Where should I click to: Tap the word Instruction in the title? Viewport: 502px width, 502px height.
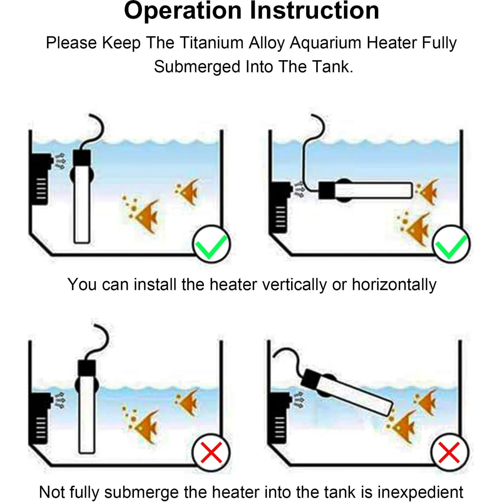point(315,11)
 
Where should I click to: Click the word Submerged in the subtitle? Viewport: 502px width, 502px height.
point(197,67)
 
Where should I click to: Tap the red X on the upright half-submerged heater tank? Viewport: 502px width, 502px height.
point(211,452)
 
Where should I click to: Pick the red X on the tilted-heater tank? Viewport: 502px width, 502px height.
point(449,452)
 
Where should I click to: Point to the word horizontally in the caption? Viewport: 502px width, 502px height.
point(394,285)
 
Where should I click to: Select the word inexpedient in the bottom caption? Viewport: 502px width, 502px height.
point(420,492)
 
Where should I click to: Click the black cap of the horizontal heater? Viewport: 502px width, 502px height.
point(327,190)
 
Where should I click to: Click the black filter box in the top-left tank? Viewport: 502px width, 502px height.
point(40,179)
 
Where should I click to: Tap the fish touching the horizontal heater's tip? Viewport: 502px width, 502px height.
point(428,191)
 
